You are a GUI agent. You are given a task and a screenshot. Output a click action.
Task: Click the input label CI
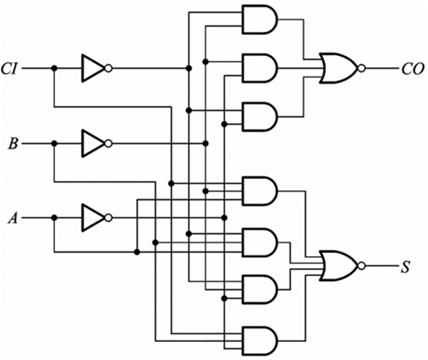(x=11, y=68)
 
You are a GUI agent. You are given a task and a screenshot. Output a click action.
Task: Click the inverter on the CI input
(x=92, y=68)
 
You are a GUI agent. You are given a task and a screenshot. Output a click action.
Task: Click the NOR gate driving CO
(x=339, y=68)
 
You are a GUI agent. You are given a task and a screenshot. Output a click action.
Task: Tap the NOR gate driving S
(x=339, y=265)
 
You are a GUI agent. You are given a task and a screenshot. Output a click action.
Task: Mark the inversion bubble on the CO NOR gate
(x=360, y=68)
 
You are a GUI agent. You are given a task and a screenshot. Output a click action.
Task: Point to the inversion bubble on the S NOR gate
(x=360, y=265)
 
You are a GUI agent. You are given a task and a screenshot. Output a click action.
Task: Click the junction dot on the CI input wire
(x=54, y=68)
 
